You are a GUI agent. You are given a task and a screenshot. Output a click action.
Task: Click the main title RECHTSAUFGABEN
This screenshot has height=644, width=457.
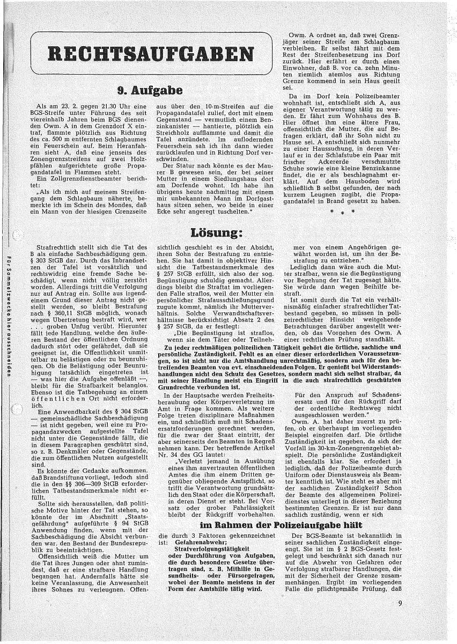151,54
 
